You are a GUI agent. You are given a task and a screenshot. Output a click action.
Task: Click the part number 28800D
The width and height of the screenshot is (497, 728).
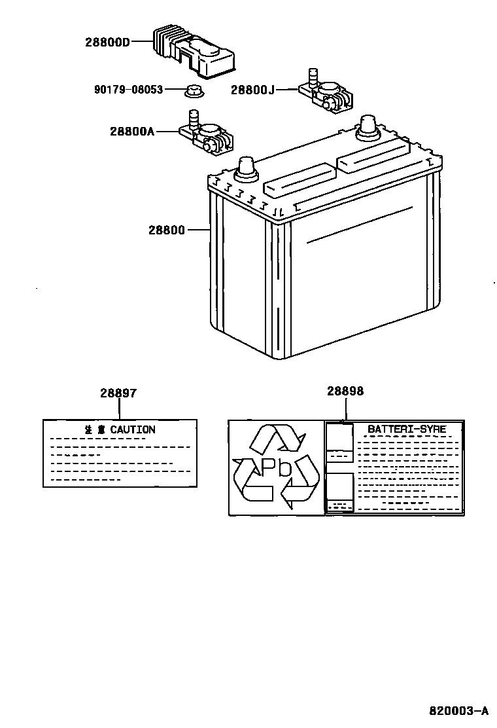point(108,43)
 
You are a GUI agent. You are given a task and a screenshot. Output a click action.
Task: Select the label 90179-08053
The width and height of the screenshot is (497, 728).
point(128,90)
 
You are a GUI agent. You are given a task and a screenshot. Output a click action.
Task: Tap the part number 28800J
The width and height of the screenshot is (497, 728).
point(252,90)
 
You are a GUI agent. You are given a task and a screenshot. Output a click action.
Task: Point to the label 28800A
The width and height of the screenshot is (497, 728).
point(132,131)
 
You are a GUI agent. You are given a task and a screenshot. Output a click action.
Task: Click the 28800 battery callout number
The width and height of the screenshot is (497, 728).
point(166,230)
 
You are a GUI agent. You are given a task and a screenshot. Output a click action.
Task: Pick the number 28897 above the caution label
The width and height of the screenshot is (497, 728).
point(118,393)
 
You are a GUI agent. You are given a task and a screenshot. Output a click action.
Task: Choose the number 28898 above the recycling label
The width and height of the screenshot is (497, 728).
point(345,391)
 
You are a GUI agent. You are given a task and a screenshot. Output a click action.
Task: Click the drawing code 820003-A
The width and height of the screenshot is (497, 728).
point(459,710)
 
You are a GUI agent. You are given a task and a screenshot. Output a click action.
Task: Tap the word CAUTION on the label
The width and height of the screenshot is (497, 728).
point(133,429)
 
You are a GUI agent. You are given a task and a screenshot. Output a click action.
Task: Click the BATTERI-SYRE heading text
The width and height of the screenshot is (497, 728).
point(407,429)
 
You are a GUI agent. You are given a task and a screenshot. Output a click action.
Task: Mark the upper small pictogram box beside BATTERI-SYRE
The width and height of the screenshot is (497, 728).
point(339,443)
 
